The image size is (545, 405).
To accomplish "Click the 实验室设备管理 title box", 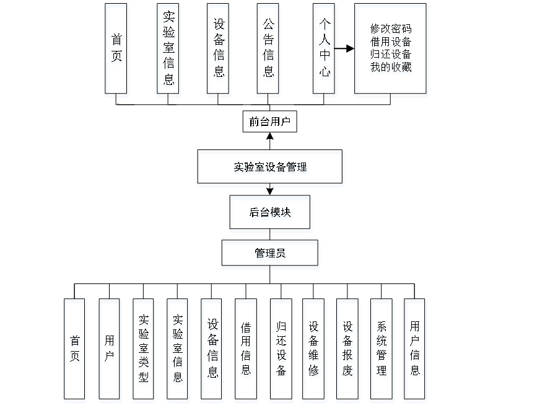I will pyautogui.click(x=270, y=169).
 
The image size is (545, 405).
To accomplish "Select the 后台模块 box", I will pyautogui.click(x=270, y=214).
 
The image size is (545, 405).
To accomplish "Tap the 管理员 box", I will pyautogui.click(x=270, y=255).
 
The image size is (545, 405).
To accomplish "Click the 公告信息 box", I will pyautogui.click(x=269, y=50).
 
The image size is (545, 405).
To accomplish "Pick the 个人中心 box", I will pyautogui.click(x=325, y=50).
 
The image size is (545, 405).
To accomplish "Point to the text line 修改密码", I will pyautogui.click(x=391, y=30).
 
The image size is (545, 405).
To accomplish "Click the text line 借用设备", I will pyautogui.click(x=391, y=43).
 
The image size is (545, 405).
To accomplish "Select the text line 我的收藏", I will pyautogui.click(x=391, y=68).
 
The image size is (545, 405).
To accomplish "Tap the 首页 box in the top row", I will pyautogui.click(x=116, y=50).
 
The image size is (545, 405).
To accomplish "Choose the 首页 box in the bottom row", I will pyautogui.click(x=75, y=351).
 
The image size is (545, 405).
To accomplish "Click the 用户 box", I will pyautogui.click(x=110, y=351).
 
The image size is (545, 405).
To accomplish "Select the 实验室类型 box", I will pyautogui.click(x=144, y=351).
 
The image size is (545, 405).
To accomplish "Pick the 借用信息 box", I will pyautogui.click(x=246, y=351).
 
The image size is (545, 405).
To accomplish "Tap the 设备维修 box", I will pyautogui.click(x=314, y=351).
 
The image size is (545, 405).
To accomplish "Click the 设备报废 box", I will pyautogui.click(x=347, y=351).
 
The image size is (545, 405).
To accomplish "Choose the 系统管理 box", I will pyautogui.click(x=381, y=351).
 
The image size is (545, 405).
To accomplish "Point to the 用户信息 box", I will pyautogui.click(x=416, y=351).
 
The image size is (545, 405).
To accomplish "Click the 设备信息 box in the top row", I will pyautogui.click(x=219, y=50).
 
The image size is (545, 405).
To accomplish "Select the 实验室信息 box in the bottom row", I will pyautogui.click(x=178, y=351).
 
